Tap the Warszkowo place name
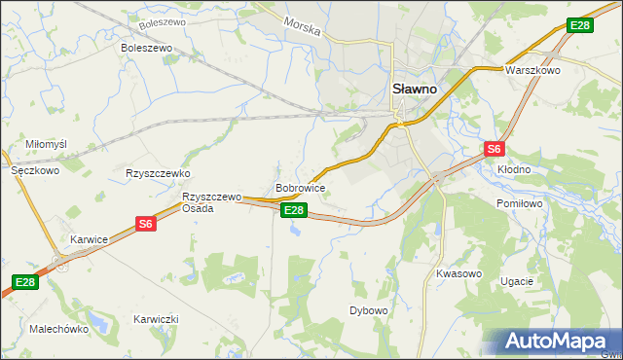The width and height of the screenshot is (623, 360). (530, 71)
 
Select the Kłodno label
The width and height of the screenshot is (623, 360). (514, 169)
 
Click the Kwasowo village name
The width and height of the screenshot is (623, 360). (458, 273)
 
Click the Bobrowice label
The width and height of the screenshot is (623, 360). (300, 187)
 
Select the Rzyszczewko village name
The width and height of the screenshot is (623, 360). (157, 173)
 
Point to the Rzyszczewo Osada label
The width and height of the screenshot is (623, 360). (211, 201)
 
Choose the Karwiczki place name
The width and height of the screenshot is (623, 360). (157, 319)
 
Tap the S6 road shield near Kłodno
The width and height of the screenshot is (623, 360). (495, 149)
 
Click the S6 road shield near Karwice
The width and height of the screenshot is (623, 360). (146, 224)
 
